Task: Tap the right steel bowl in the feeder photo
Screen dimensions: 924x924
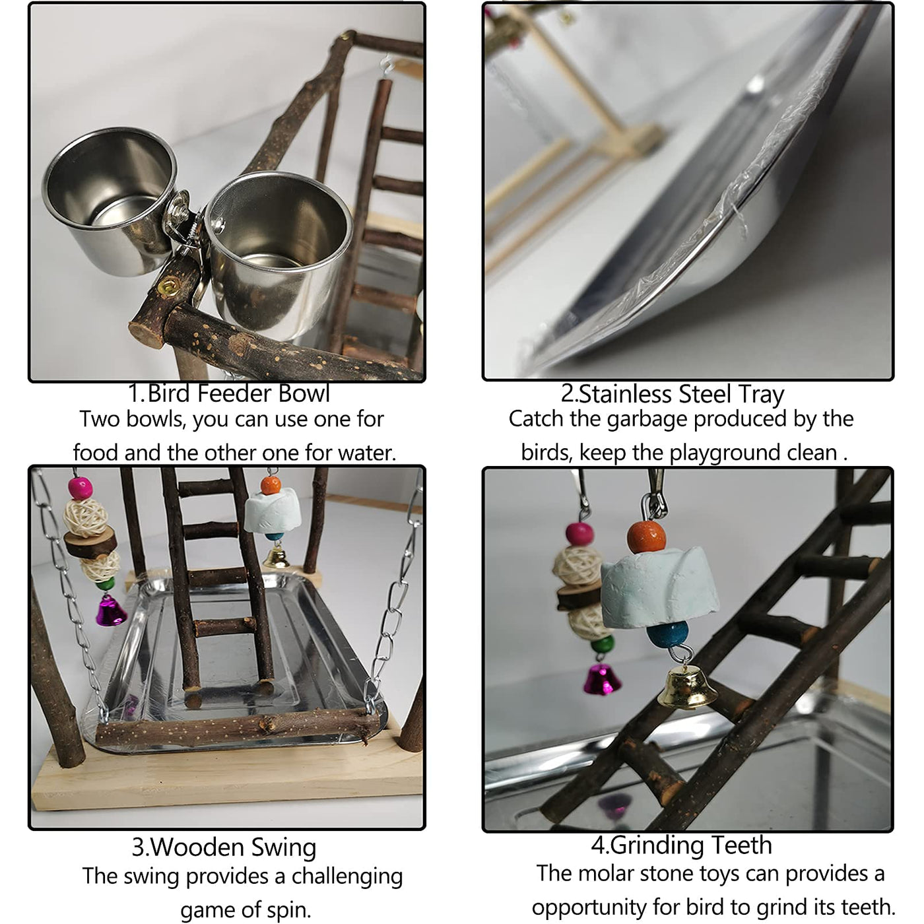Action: [278, 254]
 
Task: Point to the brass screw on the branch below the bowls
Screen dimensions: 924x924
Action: [168, 287]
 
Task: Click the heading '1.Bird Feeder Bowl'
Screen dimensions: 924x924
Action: [229, 393]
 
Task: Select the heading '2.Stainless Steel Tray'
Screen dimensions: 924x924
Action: [673, 394]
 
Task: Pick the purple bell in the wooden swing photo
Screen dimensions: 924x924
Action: [111, 610]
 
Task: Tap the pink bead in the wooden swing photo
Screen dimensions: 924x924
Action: [80, 488]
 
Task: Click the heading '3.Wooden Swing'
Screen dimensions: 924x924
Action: [224, 847]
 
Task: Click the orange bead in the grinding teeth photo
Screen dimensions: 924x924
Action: [646, 537]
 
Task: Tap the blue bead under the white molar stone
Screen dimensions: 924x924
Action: [667, 634]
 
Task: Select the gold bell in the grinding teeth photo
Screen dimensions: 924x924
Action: [687, 686]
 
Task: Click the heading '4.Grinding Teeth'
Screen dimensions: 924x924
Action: [681, 845]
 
